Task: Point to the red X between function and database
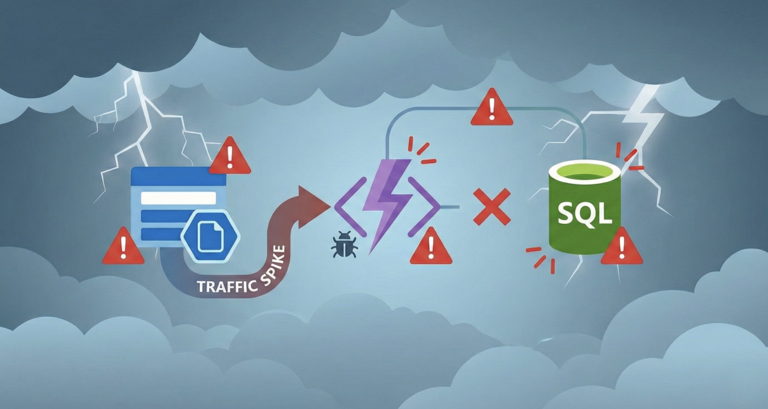coord(492,207)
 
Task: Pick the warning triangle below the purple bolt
coord(431,247)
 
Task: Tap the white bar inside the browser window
coord(178,198)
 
